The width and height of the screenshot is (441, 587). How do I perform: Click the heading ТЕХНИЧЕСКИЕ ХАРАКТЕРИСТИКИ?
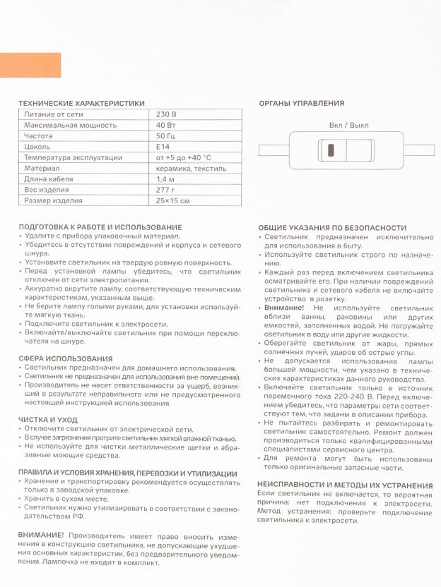point(81,103)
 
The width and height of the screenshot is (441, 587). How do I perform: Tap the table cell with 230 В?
point(167,114)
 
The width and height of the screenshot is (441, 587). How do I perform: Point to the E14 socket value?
point(163,147)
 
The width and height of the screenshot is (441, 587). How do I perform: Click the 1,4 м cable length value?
point(166,179)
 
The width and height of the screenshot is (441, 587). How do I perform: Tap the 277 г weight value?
point(165,190)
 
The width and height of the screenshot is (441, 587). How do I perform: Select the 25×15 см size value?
point(173,201)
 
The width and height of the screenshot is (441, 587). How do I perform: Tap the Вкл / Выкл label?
point(348,125)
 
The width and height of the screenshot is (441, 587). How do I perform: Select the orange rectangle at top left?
point(30,65)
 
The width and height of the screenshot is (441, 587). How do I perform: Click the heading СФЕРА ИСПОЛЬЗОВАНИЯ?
point(66,358)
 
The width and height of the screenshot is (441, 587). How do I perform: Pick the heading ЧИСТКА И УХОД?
point(48,419)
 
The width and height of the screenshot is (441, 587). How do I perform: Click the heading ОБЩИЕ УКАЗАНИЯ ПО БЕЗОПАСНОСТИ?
point(332,228)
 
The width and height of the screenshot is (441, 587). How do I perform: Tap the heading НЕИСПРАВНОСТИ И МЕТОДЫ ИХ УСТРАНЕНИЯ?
point(345,485)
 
